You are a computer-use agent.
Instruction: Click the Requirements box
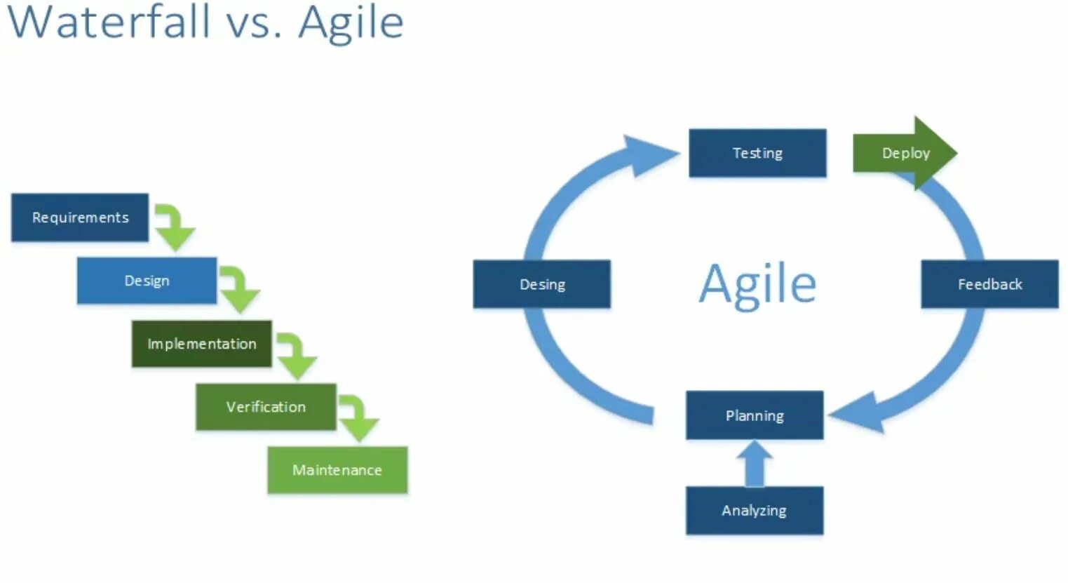point(80,217)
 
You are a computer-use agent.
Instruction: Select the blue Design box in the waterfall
point(147,281)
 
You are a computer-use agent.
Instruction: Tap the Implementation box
point(201,344)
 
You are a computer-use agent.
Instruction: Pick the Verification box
point(266,407)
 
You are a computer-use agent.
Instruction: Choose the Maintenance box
point(337,470)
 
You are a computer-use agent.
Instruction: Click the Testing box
point(757,153)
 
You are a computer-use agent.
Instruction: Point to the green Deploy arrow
point(905,153)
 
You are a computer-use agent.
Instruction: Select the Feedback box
point(989,284)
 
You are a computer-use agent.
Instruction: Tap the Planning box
point(755,415)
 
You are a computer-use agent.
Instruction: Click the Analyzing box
point(755,511)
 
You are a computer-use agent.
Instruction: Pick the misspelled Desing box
point(542,284)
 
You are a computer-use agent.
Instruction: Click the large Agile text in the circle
point(758,284)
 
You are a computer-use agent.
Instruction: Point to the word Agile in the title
point(351,22)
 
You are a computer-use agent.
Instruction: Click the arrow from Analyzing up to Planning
point(755,463)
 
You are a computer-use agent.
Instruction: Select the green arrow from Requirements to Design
point(173,227)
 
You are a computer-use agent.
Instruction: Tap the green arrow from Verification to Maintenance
point(358,418)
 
